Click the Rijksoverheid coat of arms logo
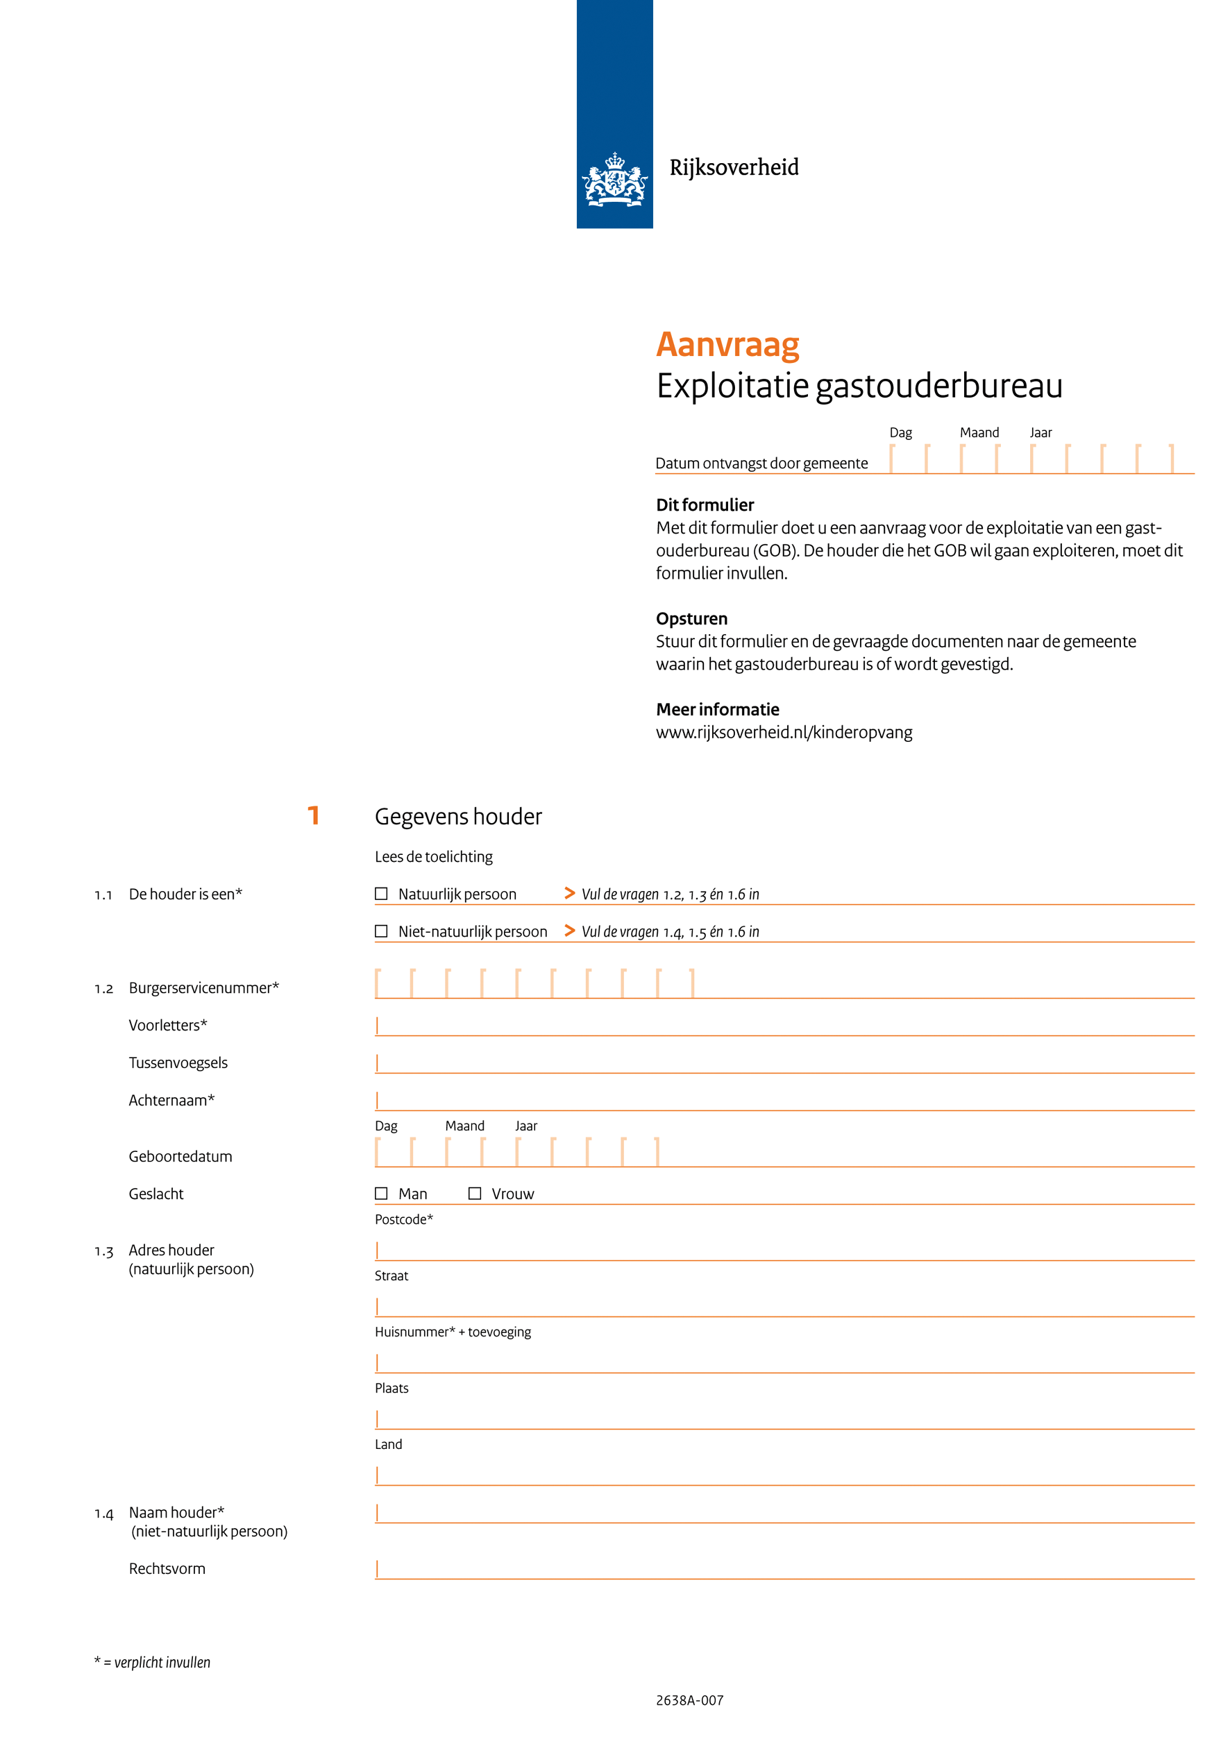(x=614, y=180)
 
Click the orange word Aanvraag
(x=727, y=345)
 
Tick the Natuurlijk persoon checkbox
(x=381, y=894)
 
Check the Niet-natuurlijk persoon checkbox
(x=381, y=931)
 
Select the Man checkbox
(x=381, y=1193)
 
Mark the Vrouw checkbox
(x=475, y=1193)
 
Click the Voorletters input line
(x=784, y=1026)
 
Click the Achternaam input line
(x=784, y=1101)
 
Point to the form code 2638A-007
(x=689, y=1700)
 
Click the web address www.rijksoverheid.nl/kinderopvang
(x=784, y=732)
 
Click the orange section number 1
(x=314, y=816)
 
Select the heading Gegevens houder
(x=458, y=817)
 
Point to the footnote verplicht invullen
(x=153, y=1663)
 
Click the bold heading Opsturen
(x=691, y=619)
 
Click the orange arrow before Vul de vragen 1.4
(x=570, y=930)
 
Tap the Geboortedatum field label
(x=180, y=1157)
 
